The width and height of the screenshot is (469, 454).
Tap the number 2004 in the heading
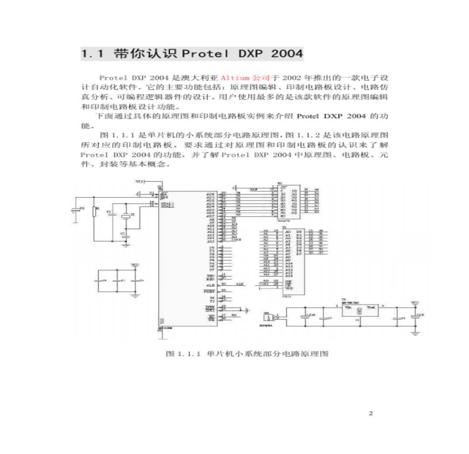pos(287,54)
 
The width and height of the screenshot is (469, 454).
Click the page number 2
pos(370,414)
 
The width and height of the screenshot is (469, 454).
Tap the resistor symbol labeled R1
pos(95,211)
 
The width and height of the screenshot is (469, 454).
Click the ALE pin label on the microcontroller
pos(210,284)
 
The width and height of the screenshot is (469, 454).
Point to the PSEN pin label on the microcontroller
pos(209,291)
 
